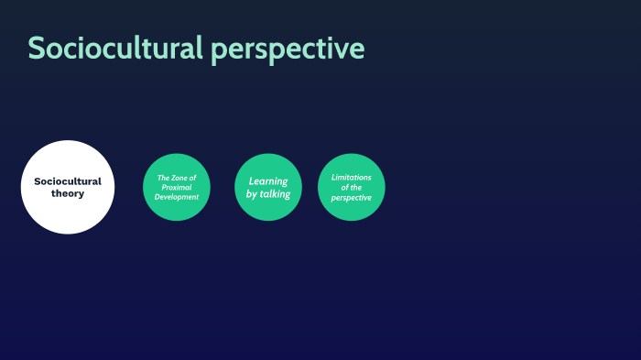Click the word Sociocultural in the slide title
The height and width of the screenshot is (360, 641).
115,49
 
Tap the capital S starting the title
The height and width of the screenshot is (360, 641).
37,49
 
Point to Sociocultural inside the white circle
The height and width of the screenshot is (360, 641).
68,181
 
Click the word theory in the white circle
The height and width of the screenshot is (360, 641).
68,193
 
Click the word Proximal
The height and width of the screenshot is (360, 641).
177,187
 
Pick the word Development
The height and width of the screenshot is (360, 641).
177,197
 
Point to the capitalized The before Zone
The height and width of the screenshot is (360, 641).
163,178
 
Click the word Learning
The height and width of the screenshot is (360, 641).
268,181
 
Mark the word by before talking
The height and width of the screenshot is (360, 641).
252,193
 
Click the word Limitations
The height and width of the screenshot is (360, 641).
352,177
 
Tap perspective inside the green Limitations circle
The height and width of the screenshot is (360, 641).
352,198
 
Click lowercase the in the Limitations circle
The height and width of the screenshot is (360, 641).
357,187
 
